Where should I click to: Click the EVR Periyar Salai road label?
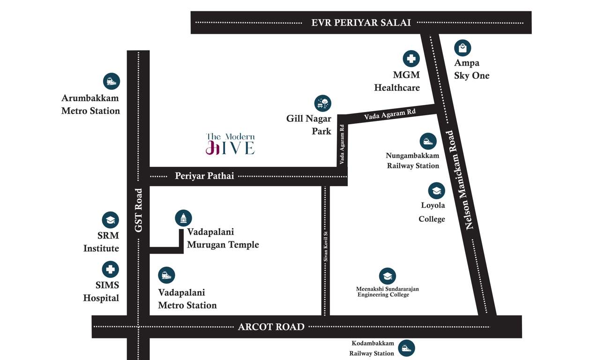(x=361, y=22)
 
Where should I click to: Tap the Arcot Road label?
(x=271, y=327)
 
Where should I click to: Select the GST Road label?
(x=138, y=210)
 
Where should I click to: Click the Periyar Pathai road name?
(x=204, y=176)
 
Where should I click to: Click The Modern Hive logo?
(x=230, y=144)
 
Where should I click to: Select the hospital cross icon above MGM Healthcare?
(x=411, y=59)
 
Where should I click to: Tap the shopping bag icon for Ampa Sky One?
(x=463, y=48)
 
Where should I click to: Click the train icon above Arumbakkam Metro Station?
(x=112, y=82)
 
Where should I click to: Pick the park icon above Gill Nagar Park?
(x=322, y=103)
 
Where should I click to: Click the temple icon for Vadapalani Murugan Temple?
(x=183, y=218)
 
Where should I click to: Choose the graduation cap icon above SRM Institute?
(x=111, y=220)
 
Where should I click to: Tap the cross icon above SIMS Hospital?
(x=111, y=270)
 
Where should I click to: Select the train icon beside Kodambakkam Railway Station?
(x=406, y=348)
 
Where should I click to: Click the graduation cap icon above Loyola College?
(x=436, y=190)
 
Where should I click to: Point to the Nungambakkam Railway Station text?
(x=412, y=160)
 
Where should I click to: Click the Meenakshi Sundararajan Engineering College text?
(x=387, y=292)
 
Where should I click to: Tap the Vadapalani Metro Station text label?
(x=187, y=299)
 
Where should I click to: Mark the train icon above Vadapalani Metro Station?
(x=166, y=275)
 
